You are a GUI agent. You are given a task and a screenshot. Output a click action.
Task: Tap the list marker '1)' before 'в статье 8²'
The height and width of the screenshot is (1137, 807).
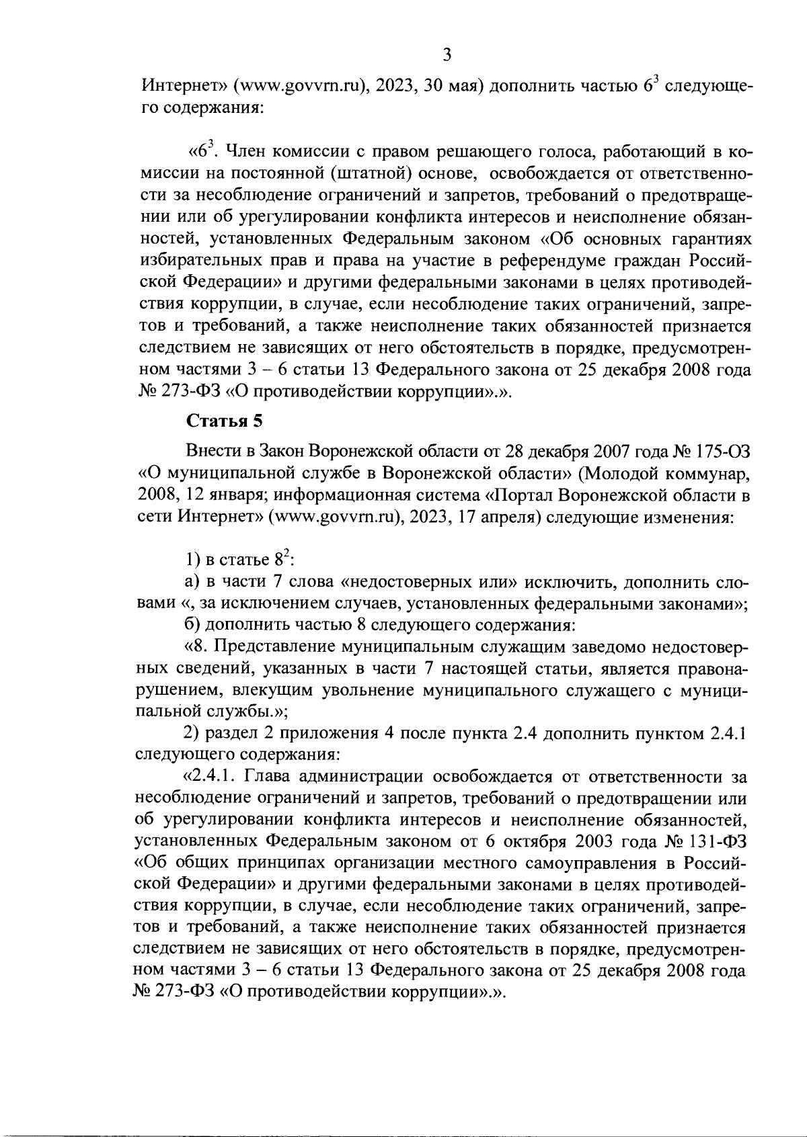[193, 560]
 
